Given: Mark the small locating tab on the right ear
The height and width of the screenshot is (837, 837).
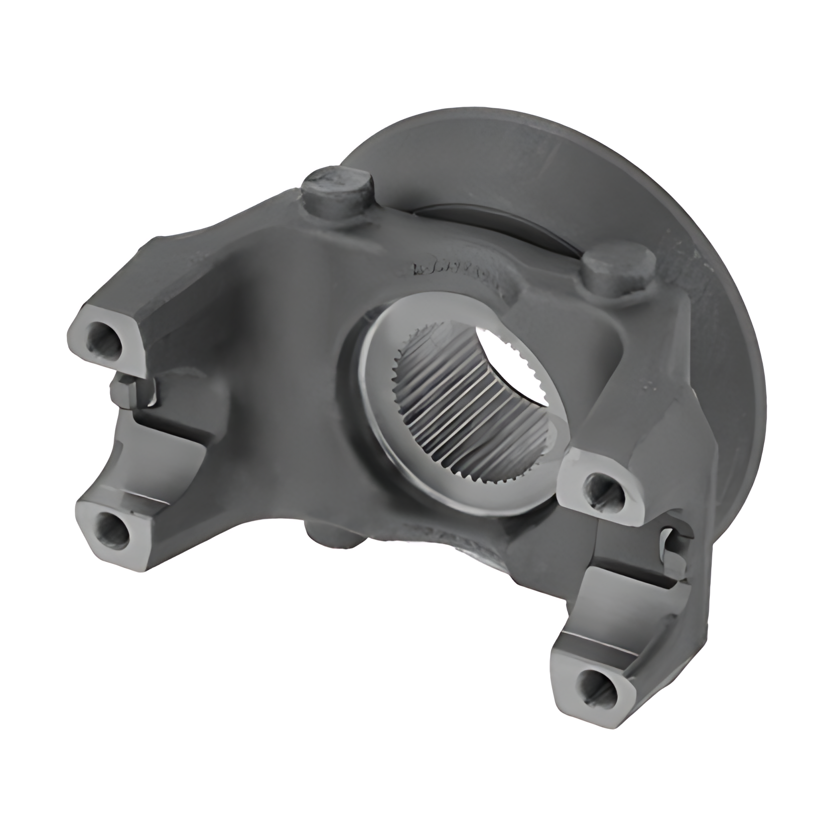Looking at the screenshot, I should point(670,541).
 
